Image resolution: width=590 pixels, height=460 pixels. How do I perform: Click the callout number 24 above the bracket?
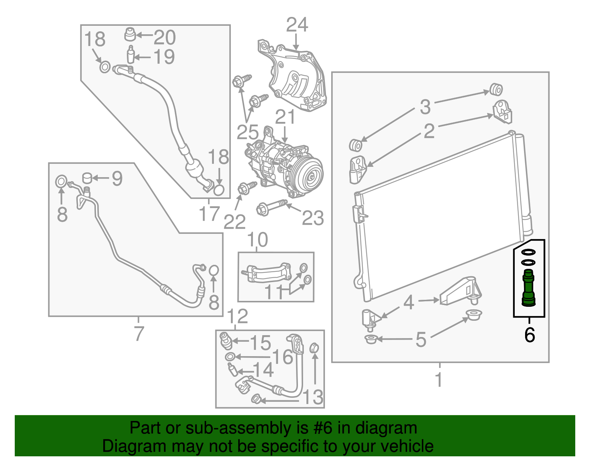pos(297,25)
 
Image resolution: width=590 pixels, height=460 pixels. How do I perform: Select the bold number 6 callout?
pos(529,335)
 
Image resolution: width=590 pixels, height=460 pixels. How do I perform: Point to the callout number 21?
pos(285,117)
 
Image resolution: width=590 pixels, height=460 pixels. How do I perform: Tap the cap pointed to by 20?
pos(129,35)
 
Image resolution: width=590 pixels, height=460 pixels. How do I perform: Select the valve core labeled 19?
pos(131,55)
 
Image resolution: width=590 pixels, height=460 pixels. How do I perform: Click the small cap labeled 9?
pos(87,178)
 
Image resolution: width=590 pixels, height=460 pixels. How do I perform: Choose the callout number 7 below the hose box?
pos(138,333)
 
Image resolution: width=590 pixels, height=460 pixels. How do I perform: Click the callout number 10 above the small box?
pos(257,240)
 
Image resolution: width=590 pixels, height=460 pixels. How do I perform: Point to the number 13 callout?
pos(313,397)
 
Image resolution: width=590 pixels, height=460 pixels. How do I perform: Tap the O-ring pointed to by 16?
pos(230,357)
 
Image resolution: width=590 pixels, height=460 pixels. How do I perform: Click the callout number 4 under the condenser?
pos(409,302)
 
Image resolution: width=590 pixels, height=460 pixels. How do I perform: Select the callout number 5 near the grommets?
pos(420,339)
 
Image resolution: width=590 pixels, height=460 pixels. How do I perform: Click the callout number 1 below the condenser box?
pos(439,380)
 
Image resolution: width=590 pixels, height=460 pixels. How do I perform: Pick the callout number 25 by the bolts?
pos(247,132)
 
